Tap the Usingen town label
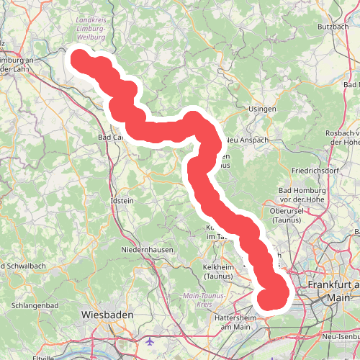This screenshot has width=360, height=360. pyautogui.click(x=262, y=109)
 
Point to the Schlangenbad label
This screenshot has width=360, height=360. pyautogui.click(x=33, y=305)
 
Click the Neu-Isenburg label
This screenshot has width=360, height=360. pyautogui.click(x=341, y=337)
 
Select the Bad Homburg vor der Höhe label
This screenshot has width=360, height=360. pyautogui.click(x=302, y=194)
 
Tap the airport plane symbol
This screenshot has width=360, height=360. pyautogui.click(x=148, y=341)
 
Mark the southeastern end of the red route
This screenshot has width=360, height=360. pyautogui.click(x=273, y=297)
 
